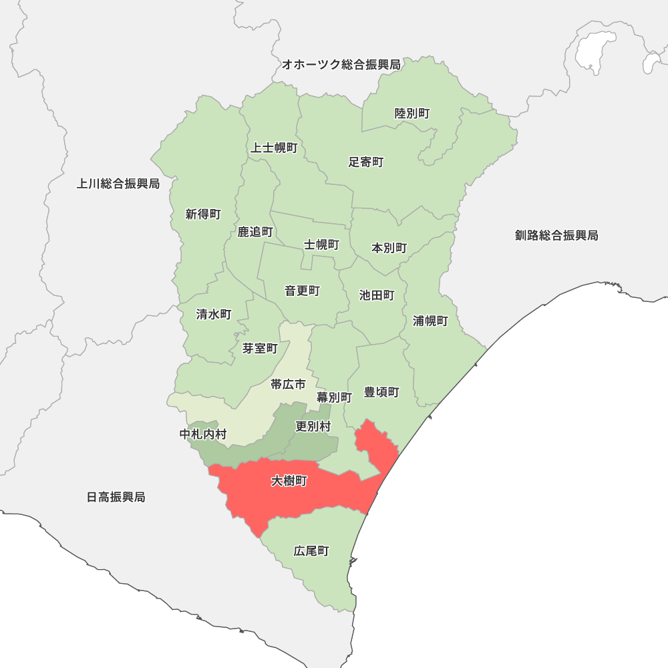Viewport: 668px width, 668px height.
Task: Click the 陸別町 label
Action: [412, 114]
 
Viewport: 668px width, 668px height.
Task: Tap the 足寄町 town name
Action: [366, 162]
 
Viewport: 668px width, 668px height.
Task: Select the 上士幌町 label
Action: [274, 148]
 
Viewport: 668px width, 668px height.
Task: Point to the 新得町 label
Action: [203, 214]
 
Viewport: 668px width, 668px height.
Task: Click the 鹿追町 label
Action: [255, 232]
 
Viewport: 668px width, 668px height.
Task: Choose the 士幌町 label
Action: [322, 244]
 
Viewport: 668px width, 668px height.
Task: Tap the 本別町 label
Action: [389, 248]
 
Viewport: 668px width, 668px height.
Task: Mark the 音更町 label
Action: [302, 291]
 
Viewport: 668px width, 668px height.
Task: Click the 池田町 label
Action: [377, 295]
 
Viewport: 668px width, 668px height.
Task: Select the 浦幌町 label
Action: [430, 321]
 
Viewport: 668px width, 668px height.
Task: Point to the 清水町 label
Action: [214, 314]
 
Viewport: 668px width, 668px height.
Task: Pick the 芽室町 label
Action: [260, 348]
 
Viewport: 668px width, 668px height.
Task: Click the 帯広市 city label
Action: [288, 384]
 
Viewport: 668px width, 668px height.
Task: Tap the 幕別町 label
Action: [334, 397]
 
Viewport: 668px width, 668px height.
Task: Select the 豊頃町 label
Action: [381, 392]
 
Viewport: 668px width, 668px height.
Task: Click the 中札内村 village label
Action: [203, 434]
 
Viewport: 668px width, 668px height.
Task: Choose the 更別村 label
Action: [313, 426]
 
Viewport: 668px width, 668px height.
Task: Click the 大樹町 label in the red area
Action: [289, 481]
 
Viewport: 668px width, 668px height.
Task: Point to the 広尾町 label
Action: [311, 551]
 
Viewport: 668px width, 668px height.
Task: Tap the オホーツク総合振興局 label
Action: [341, 65]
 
